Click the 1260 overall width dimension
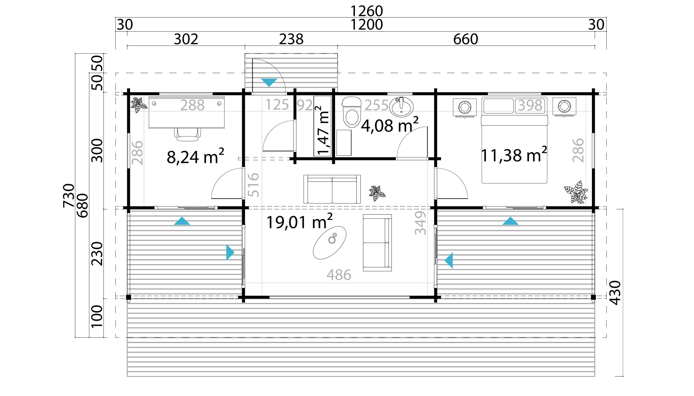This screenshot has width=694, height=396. pos(367,11)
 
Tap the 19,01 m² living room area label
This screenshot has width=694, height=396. pos(299,221)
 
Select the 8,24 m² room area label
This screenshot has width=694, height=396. pos(195,156)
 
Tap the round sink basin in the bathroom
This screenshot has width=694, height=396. pos(401,107)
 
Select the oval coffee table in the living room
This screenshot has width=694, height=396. pos(330,243)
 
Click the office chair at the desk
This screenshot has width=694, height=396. pos(188,135)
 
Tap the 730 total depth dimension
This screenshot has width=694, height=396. pos(68,195)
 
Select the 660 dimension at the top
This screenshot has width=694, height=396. pos(465,39)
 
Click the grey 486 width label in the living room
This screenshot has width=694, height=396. pos(339,275)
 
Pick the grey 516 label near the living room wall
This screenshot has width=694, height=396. pos(253,185)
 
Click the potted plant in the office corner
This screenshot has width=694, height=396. pos(139,105)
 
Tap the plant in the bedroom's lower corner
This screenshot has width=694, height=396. pos(576,192)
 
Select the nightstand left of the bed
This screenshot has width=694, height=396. pos(465,107)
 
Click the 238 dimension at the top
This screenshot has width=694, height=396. pos(291,39)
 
